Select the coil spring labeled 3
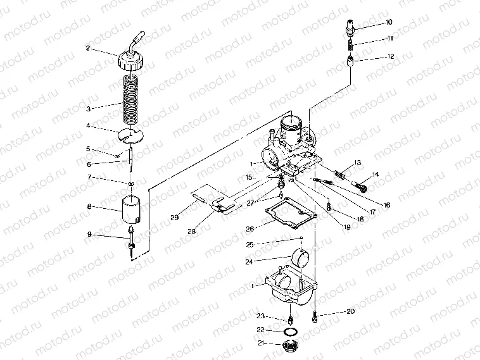130,98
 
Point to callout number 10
389,23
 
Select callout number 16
387,205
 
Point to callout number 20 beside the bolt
350,311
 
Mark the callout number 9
89,235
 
